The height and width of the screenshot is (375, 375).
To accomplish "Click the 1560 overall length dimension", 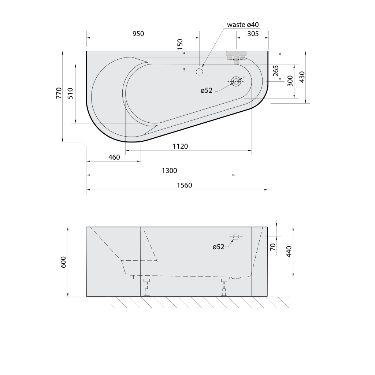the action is tap(185, 185).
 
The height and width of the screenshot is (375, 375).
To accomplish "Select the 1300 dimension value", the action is tap(169, 171).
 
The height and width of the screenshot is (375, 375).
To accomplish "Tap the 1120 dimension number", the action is tap(180, 146).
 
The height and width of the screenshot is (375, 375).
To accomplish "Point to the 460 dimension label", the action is tap(114, 157).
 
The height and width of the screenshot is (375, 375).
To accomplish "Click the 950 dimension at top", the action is tap(138, 34).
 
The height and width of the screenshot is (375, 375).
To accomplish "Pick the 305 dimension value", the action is tap(253, 34).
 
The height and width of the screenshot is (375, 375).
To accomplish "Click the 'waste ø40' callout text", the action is tap(243, 25).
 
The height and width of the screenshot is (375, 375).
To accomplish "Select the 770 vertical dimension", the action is tap(59, 93).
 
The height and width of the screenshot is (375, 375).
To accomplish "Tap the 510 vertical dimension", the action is tap(70, 93).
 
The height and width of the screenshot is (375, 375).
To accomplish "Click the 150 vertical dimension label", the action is tap(180, 44).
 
